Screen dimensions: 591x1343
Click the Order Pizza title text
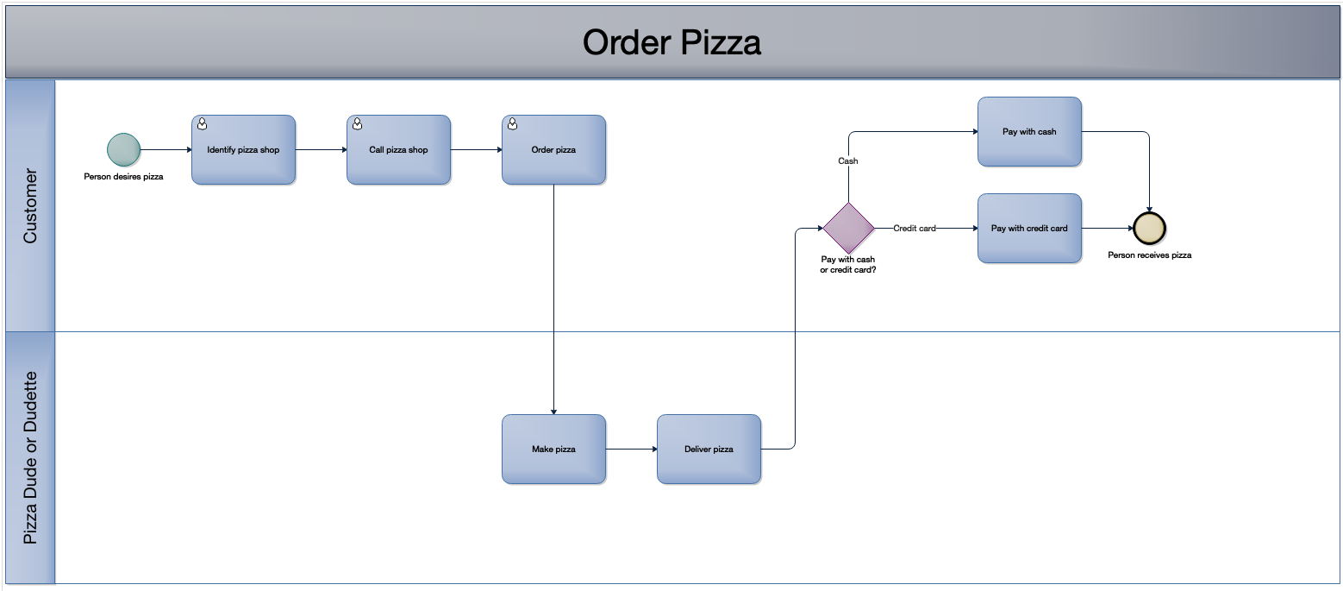(671, 42)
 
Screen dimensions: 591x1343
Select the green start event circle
(123, 149)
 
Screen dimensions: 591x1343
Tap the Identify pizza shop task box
(243, 149)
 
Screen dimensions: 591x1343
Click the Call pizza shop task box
(398, 149)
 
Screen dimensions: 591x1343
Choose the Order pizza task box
(553, 149)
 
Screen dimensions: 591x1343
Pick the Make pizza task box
(553, 449)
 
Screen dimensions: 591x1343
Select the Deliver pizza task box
(709, 449)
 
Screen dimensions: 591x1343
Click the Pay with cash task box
(1029, 132)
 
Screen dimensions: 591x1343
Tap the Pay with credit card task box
(1029, 229)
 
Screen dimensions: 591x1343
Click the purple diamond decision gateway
(848, 229)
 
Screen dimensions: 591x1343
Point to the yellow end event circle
(1149, 229)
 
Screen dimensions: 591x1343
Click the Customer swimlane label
(30, 206)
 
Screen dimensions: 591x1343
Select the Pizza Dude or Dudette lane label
(30, 458)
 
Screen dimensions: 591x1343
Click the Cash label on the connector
(848, 161)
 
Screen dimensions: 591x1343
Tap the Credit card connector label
(915, 229)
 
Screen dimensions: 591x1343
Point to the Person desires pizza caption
(123, 177)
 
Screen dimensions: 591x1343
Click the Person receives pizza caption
(1149, 255)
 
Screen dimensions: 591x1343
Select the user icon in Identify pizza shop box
(202, 124)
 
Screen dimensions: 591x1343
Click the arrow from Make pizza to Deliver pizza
(631, 449)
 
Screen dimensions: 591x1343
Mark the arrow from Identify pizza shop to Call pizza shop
(321, 149)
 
